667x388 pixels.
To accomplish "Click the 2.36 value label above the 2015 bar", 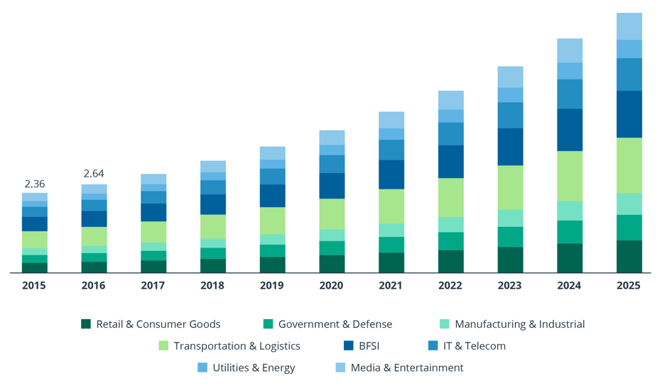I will pyautogui.click(x=35, y=184).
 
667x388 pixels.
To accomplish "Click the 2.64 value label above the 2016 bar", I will pyautogui.click(x=94, y=174).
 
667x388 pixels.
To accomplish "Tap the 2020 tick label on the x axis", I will pyautogui.click(x=332, y=285).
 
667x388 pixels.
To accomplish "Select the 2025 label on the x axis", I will pyautogui.click(x=629, y=285).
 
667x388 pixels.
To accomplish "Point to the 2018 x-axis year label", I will pyautogui.click(x=213, y=285).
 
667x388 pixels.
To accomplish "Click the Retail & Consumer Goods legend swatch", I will pyautogui.click(x=86, y=324).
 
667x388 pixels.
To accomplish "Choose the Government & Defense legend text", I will pyautogui.click(x=335, y=324).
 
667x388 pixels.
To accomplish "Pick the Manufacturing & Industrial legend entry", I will pyautogui.click(x=519, y=324).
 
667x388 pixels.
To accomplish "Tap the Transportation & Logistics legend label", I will pyautogui.click(x=237, y=346).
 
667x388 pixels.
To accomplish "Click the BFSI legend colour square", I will pyautogui.click(x=348, y=346).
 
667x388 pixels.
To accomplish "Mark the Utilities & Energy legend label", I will pyautogui.click(x=254, y=367).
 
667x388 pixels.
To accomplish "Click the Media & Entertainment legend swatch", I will pyautogui.click(x=340, y=367).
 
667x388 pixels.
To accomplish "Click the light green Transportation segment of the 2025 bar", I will pyautogui.click(x=629, y=165).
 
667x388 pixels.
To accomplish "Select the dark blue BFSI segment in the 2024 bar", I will pyautogui.click(x=570, y=130).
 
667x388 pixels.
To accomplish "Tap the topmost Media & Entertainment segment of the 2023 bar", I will pyautogui.click(x=510, y=77).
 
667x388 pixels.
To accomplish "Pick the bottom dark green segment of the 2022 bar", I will pyautogui.click(x=451, y=261).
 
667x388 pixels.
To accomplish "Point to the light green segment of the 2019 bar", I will pyautogui.click(x=273, y=221).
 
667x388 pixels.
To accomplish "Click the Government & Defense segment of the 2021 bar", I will pyautogui.click(x=391, y=245).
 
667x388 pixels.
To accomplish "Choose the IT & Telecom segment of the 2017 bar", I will pyautogui.click(x=153, y=197).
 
